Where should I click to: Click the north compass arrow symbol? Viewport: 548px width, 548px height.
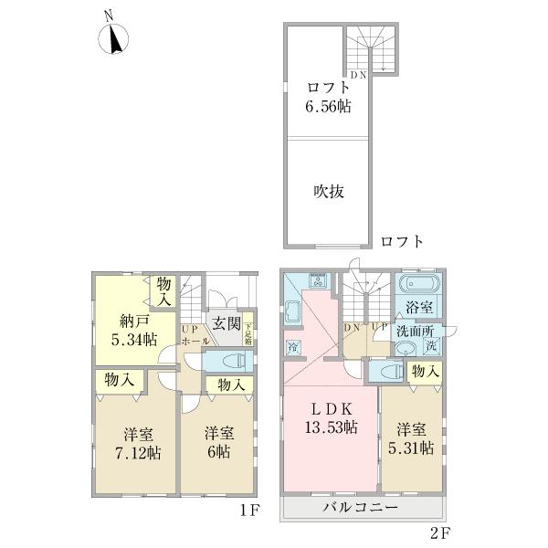(x=114, y=39)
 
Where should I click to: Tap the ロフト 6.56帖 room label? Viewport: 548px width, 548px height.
(x=329, y=97)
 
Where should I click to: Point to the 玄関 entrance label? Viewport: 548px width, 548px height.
(x=227, y=322)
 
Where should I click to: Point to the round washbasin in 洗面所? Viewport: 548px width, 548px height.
(x=407, y=346)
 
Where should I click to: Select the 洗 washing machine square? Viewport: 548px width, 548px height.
(x=432, y=346)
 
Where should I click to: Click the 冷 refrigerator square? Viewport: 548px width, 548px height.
(x=293, y=346)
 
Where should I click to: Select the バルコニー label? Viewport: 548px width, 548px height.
(x=364, y=507)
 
